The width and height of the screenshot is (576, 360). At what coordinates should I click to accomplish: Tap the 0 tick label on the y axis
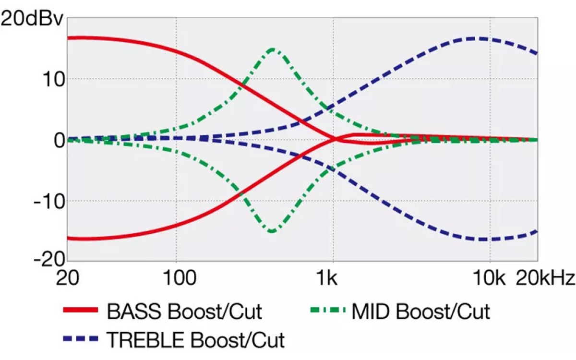(60, 140)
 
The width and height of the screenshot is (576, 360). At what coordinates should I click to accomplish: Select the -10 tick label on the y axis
(49, 202)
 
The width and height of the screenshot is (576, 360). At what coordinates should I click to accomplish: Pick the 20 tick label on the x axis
(67, 278)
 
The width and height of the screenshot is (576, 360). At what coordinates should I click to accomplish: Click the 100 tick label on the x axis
(180, 278)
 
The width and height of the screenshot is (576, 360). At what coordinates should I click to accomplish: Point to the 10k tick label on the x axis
(489, 278)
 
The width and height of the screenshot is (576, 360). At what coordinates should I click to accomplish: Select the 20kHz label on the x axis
(545, 278)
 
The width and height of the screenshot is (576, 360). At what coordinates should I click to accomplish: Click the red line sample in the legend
(81, 310)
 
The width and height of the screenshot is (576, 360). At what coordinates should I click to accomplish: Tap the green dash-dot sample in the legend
(328, 310)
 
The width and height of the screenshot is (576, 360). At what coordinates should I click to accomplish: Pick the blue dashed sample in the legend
(81, 338)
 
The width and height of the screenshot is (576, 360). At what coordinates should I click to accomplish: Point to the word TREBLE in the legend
(145, 340)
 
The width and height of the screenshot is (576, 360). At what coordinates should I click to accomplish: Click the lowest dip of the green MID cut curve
(272, 231)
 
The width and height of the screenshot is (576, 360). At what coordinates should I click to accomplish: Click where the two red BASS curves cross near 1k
(335, 139)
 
